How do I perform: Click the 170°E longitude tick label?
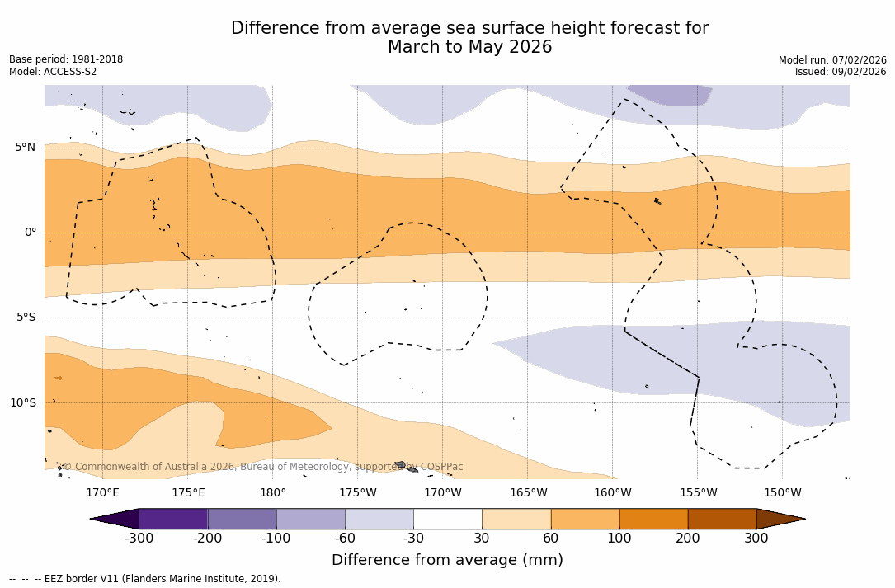102,493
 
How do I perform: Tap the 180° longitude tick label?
273,493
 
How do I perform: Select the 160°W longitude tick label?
612,493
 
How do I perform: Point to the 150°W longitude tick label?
782,493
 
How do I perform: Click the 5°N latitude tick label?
25,148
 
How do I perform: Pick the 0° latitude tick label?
31,233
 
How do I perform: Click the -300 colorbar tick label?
139,539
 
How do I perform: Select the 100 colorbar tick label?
619,539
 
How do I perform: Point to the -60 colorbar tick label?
345,539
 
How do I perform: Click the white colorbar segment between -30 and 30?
447,519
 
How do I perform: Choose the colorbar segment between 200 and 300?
722,519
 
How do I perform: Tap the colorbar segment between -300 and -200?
173,519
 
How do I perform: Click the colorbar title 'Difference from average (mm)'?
447,561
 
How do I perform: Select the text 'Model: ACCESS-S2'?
53,72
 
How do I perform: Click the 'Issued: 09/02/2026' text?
841,72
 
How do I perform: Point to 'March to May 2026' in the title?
469,48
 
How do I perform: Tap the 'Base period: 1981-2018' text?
66,59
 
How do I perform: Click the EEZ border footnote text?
144,579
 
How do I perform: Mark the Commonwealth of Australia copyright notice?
263,467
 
